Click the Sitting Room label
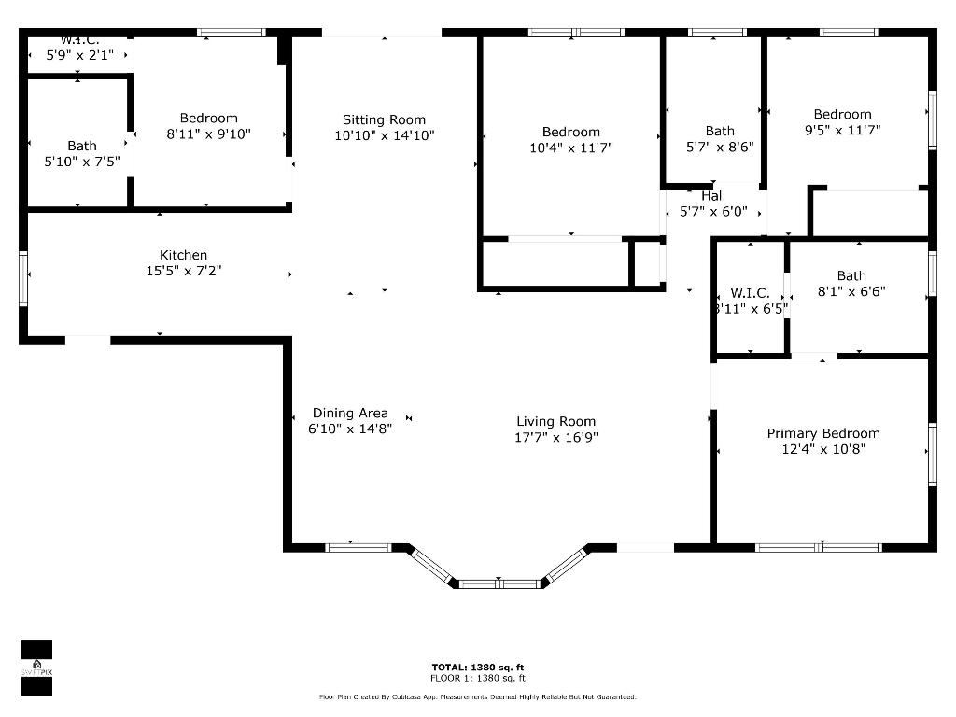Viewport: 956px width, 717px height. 384,119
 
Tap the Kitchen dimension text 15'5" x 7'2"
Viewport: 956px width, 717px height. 183,271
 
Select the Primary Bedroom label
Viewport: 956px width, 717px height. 823,433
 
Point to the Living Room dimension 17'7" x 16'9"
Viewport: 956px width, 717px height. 556,437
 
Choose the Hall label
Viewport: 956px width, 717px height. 713,196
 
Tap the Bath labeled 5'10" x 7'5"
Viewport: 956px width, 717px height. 82,146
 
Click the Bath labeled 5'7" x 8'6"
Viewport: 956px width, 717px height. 720,131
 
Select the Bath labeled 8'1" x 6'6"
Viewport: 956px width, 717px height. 851,275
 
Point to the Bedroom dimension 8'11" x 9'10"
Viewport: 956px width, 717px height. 209,134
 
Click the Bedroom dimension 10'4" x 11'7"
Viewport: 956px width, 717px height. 571,148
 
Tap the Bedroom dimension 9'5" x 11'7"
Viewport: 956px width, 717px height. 842,131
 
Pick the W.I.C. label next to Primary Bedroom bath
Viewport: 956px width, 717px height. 750,293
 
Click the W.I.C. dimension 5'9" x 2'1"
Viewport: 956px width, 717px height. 80,55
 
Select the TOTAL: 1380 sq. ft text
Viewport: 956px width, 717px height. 477,667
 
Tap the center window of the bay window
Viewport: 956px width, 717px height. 499,584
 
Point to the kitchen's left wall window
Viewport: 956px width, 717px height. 23,278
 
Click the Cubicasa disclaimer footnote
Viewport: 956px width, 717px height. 477,697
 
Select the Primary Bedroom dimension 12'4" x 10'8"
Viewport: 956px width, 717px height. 823,449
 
